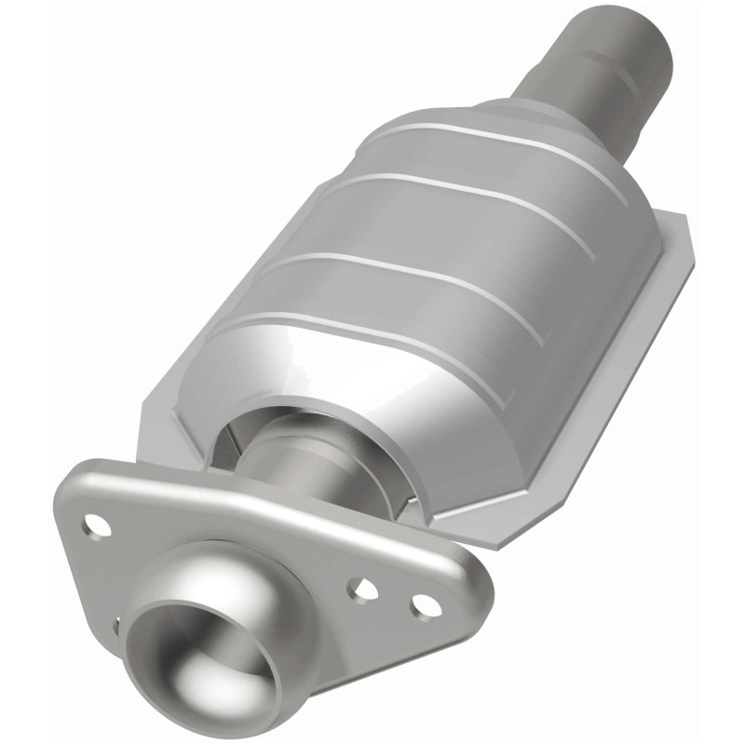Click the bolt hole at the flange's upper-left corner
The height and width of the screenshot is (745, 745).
tap(95, 524)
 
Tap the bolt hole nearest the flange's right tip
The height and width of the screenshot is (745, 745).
tap(424, 603)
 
